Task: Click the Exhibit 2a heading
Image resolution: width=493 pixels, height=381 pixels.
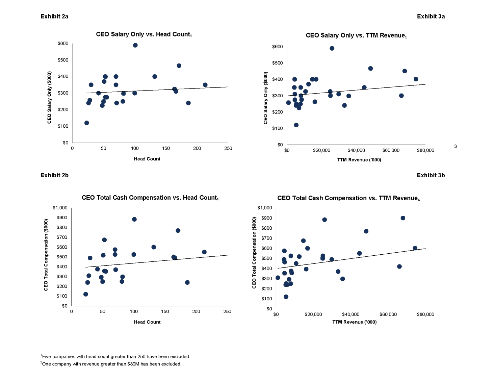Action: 54,17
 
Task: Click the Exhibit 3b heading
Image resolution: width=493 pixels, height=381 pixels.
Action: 431,175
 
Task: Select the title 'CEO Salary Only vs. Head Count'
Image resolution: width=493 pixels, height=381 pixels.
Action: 144,34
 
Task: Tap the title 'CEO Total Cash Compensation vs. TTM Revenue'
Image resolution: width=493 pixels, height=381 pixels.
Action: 348,198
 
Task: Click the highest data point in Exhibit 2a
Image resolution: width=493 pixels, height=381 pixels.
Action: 135,45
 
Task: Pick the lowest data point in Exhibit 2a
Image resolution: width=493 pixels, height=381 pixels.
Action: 86,123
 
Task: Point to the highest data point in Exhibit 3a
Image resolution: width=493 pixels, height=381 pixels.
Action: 332,48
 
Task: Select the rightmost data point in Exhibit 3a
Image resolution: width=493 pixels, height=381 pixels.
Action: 416,79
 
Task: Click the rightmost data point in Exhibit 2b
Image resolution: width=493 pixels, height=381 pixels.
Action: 204,252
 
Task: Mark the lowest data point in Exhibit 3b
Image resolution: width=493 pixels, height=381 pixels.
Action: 286,297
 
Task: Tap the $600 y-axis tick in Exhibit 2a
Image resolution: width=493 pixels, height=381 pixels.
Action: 63,44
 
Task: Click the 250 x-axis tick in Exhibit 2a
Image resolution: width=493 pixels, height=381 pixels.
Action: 228,148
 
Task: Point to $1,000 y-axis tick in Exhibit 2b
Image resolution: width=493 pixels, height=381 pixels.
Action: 60,208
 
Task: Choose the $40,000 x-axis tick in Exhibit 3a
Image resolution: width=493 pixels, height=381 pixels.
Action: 356,150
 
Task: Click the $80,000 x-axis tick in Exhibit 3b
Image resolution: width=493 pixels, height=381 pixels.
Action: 425,314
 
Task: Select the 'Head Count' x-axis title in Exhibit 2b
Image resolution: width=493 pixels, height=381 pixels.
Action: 147,322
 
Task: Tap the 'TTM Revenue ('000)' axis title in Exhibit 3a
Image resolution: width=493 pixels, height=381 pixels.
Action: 359,160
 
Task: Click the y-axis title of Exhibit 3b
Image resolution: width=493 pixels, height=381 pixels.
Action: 254,253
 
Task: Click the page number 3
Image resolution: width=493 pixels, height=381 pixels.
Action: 455,146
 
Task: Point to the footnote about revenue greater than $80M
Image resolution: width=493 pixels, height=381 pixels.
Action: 111,364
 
